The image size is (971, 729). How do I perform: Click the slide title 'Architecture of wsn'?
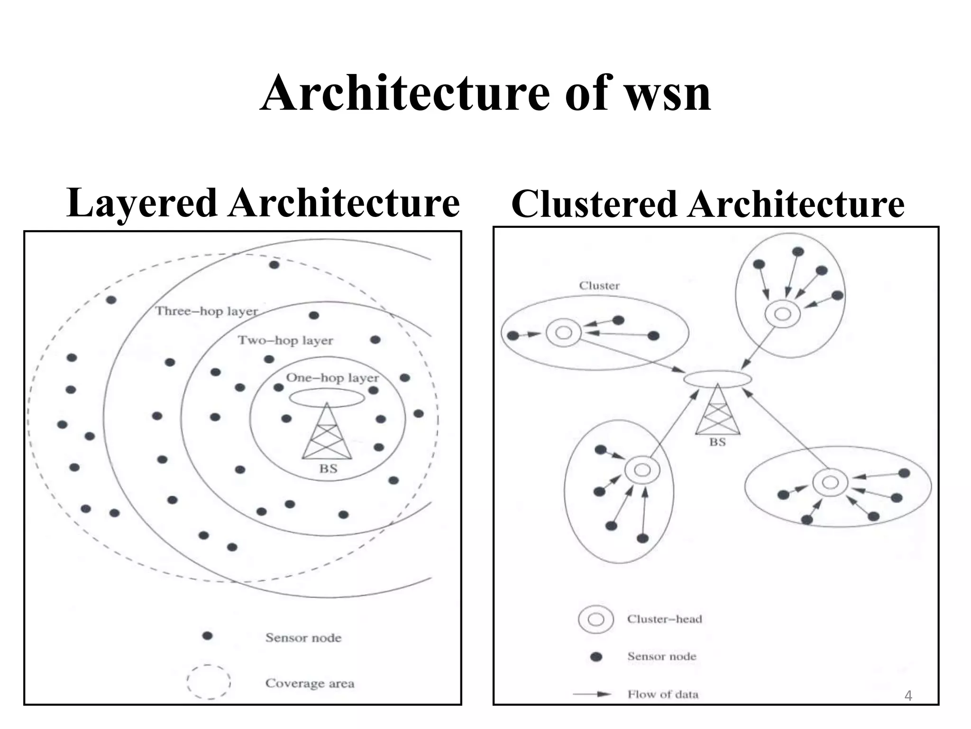pyautogui.click(x=485, y=93)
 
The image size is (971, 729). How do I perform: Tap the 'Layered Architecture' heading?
pyautogui.click(x=263, y=203)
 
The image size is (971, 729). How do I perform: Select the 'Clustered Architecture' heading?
pyautogui.click(x=708, y=204)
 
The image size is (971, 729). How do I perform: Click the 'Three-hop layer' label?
pyautogui.click(x=207, y=311)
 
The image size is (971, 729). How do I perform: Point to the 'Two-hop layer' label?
pyautogui.click(x=285, y=340)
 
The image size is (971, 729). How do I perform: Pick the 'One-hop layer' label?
pyautogui.click(x=332, y=378)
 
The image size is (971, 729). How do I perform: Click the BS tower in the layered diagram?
pyautogui.click(x=327, y=432)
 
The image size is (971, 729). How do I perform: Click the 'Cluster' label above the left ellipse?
pyautogui.click(x=599, y=286)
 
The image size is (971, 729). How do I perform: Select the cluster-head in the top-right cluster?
pyautogui.click(x=782, y=314)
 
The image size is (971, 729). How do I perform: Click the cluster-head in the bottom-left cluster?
pyautogui.click(x=642, y=470)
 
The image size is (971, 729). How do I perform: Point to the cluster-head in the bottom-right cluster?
pyautogui.click(x=830, y=483)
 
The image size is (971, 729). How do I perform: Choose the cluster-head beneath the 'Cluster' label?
pyautogui.click(x=563, y=333)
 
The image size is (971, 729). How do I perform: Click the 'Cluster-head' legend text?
pyautogui.click(x=664, y=619)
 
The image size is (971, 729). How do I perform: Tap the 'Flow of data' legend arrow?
pyautogui.click(x=593, y=694)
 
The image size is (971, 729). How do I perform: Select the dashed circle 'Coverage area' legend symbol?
pyautogui.click(x=209, y=682)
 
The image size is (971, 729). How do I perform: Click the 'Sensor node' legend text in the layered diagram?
pyautogui.click(x=303, y=637)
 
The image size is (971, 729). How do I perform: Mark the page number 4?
pyautogui.click(x=908, y=696)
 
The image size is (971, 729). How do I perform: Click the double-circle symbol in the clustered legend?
pyautogui.click(x=596, y=619)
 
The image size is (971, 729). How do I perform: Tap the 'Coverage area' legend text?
pyautogui.click(x=310, y=683)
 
